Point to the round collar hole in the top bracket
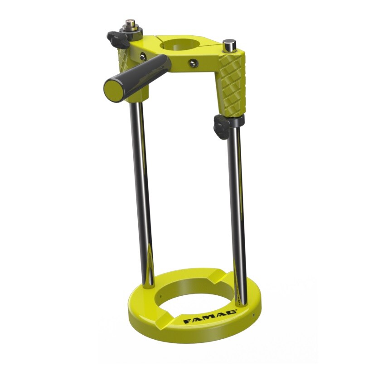(179, 45)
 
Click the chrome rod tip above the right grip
(230, 45)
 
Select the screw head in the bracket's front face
(194, 63)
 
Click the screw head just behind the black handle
(143, 56)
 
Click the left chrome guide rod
(142, 190)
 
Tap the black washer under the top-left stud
(131, 31)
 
